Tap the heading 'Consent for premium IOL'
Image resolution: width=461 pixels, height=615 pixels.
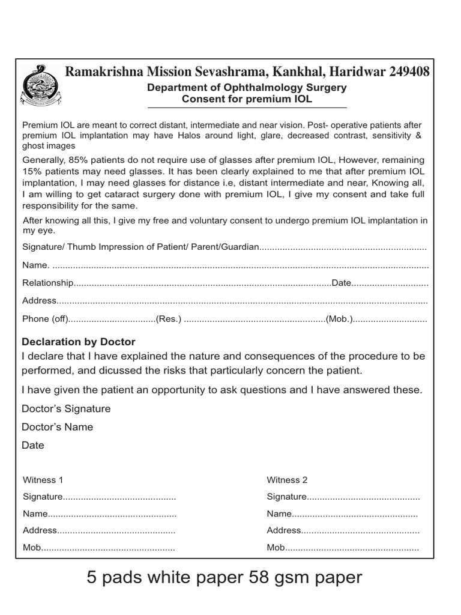click(247, 99)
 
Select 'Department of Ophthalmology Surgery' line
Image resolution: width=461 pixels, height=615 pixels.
click(247, 88)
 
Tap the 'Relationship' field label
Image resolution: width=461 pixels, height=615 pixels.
click(48, 283)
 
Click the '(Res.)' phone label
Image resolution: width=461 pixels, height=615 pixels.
click(169, 319)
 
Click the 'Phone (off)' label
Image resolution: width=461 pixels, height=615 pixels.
click(46, 319)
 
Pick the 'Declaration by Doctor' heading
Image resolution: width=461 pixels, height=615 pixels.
click(79, 342)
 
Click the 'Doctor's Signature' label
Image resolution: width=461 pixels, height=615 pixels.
click(66, 408)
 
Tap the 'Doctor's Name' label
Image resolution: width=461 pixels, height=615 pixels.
click(57, 427)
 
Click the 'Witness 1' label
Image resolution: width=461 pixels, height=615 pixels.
click(43, 480)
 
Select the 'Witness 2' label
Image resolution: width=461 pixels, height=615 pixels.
click(287, 480)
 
